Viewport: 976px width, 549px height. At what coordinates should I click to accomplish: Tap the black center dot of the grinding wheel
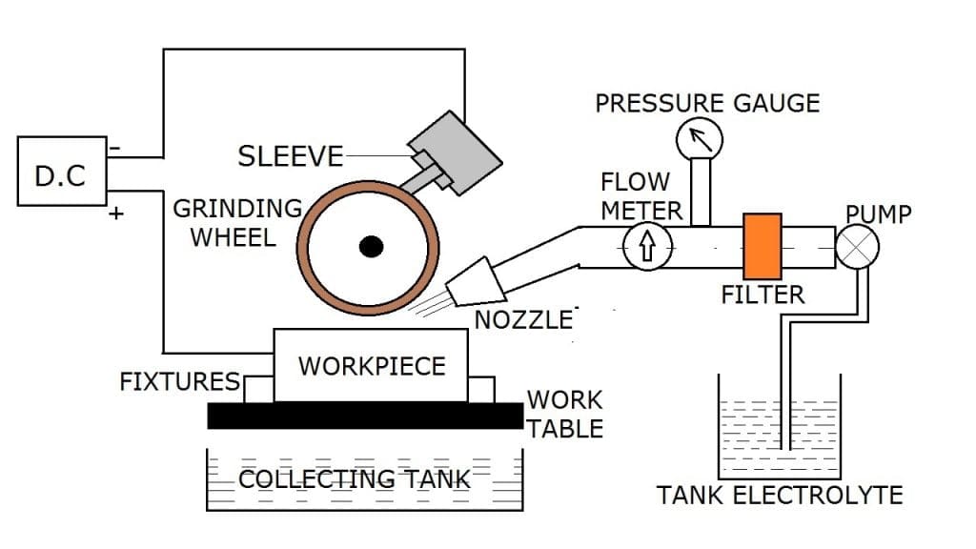[371, 248]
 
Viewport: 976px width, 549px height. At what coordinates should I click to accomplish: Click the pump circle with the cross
[856, 248]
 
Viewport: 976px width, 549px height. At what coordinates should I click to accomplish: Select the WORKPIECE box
[372, 366]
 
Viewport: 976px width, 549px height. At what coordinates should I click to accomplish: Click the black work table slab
[366, 416]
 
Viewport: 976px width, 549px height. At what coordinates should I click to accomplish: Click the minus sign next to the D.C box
[115, 148]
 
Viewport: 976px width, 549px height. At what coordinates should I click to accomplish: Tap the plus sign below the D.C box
[116, 213]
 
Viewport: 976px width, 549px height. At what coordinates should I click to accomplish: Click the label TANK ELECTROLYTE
[780, 496]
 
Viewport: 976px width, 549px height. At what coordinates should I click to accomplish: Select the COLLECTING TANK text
[354, 478]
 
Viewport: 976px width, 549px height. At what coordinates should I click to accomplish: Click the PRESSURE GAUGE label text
[707, 103]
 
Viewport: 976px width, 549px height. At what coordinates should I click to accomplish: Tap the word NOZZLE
[523, 319]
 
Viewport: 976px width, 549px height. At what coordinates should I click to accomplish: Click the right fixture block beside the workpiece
[481, 389]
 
